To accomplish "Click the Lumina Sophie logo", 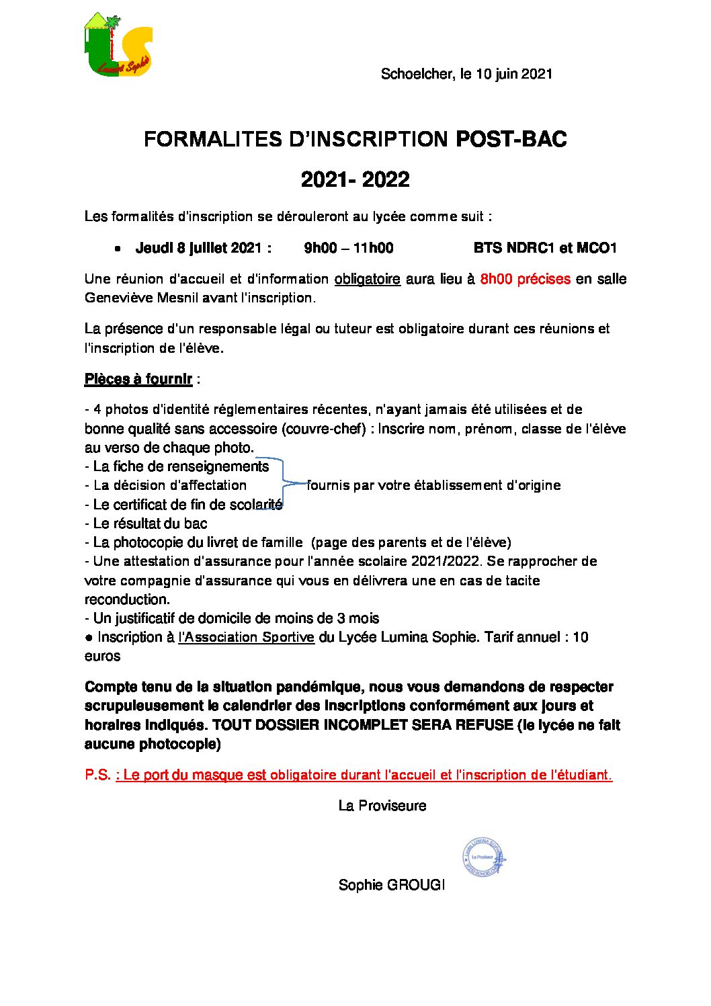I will pyautogui.click(x=118, y=45).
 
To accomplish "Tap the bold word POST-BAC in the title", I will pyautogui.click(x=511, y=139).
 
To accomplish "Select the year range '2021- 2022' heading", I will pyautogui.click(x=355, y=179).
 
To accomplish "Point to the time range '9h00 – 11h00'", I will pyautogui.click(x=348, y=248).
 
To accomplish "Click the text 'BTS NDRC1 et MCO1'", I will pyautogui.click(x=545, y=248).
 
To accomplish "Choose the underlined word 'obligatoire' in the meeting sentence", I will pyautogui.click(x=367, y=279).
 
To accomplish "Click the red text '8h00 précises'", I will pyautogui.click(x=525, y=279).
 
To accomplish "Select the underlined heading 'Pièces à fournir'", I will pyautogui.click(x=138, y=379).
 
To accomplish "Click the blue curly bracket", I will pyautogui.click(x=284, y=484).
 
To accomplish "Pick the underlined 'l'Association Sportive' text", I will pyautogui.click(x=246, y=637).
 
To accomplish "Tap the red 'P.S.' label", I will pyautogui.click(x=97, y=775).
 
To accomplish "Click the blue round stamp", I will pyautogui.click(x=483, y=857).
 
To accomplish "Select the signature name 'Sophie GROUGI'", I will pyautogui.click(x=391, y=885).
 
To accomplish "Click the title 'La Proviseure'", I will pyautogui.click(x=382, y=806).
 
